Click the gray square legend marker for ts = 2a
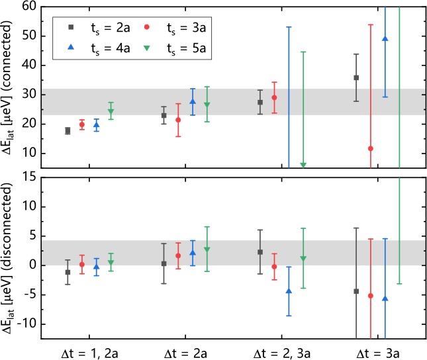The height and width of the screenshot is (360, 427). pyautogui.click(x=71, y=27)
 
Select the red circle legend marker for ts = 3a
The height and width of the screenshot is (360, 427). pyautogui.click(x=147, y=27)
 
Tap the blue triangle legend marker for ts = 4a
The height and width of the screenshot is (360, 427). pyautogui.click(x=71, y=48)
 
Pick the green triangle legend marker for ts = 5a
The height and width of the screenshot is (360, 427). pyautogui.click(x=147, y=48)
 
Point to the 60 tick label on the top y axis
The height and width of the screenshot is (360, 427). pyautogui.click(x=29, y=6)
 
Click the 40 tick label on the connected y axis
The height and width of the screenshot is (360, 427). pyautogui.click(x=29, y=66)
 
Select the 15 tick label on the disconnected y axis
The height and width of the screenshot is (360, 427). pyautogui.click(x=30, y=177)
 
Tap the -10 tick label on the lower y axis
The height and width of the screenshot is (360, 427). pyautogui.click(x=26, y=324)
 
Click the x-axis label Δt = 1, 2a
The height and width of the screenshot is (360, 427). pyautogui.click(x=89, y=354)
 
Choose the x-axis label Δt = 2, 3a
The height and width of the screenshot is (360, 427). pyautogui.click(x=282, y=354)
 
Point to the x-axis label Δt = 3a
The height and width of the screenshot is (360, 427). pyautogui.click(x=378, y=354)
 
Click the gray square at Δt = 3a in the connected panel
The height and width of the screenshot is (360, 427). pyautogui.click(x=356, y=78)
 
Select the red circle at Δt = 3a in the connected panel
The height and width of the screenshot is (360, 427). pyautogui.click(x=371, y=149)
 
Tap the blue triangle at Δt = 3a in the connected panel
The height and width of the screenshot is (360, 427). pyautogui.click(x=385, y=38)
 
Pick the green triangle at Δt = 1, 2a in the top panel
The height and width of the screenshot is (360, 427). pyautogui.click(x=111, y=111)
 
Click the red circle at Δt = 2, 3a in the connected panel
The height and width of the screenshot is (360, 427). pyautogui.click(x=275, y=97)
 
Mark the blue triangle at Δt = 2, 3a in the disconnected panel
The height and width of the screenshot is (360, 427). pyautogui.click(x=289, y=291)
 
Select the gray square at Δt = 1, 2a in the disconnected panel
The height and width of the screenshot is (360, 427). pyautogui.click(x=68, y=272)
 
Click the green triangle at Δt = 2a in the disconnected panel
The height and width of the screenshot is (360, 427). pyautogui.click(x=207, y=249)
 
